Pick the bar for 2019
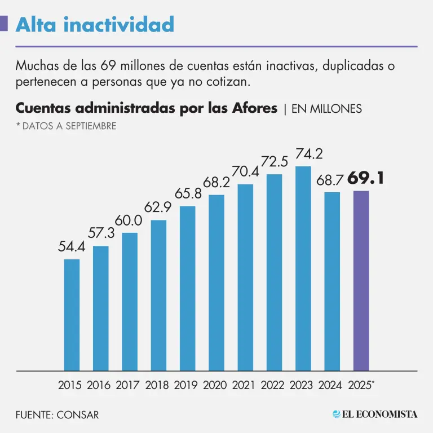187,288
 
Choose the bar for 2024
332,281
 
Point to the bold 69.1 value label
366,179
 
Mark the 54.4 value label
72,247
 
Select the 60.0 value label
130,220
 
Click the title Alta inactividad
95,25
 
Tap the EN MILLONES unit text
326,109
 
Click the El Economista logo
375,414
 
